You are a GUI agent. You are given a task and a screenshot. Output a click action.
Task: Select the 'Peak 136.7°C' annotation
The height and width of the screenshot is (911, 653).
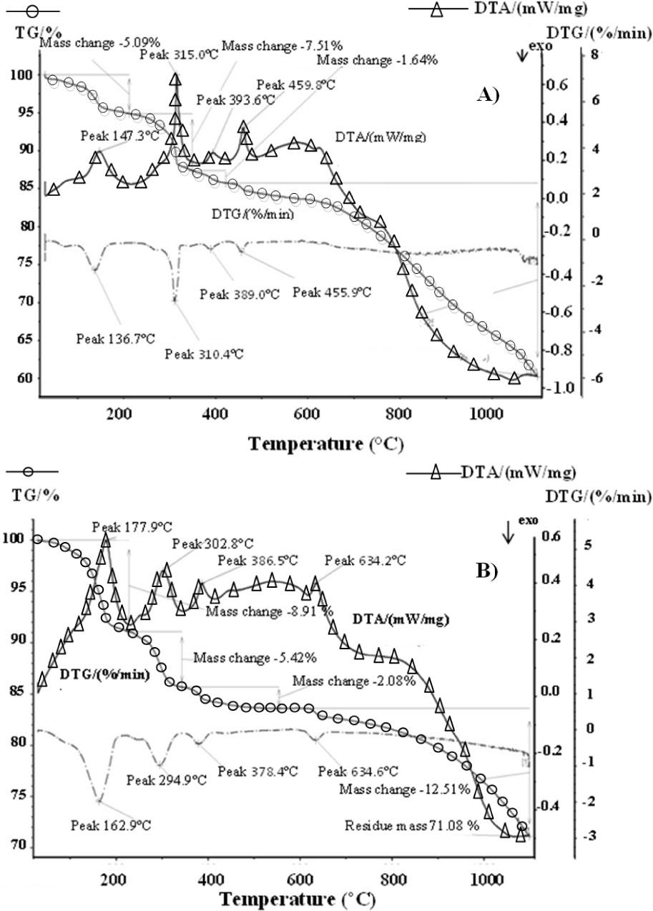pyautogui.click(x=116, y=338)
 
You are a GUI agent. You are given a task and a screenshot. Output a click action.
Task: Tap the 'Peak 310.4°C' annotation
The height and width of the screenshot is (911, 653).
pyautogui.click(x=204, y=353)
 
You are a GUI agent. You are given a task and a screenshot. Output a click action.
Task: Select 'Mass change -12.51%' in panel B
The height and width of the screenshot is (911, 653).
pyautogui.click(x=405, y=789)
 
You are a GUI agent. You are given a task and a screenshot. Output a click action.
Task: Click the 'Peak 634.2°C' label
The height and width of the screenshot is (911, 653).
pyautogui.click(x=365, y=561)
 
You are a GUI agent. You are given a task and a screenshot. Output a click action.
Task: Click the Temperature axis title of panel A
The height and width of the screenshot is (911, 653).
pyautogui.click(x=325, y=444)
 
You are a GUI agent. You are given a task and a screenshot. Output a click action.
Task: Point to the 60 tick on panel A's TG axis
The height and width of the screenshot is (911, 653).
pyautogui.click(x=25, y=378)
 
